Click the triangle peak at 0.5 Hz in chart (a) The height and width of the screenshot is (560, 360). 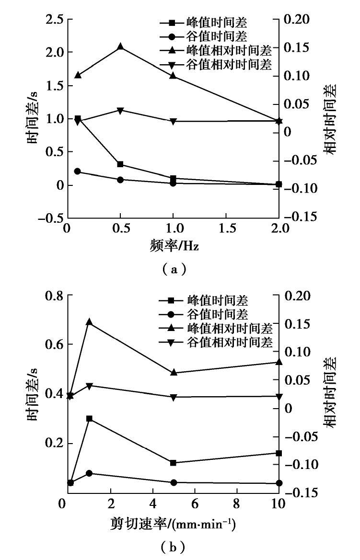point(120,46)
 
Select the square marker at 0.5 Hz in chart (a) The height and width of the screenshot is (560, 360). point(120,164)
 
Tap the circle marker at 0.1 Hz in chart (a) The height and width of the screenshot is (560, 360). point(78,171)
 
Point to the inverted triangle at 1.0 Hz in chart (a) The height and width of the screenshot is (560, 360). point(174,122)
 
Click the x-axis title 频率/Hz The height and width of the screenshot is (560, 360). point(174,249)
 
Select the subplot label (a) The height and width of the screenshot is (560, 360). point(174,270)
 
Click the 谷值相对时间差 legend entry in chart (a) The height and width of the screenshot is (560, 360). point(221,64)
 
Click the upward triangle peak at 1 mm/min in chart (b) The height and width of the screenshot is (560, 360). point(89,322)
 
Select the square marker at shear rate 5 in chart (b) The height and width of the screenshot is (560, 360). point(174,463)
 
